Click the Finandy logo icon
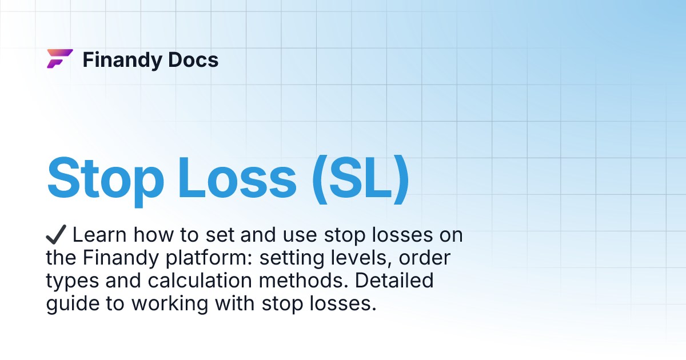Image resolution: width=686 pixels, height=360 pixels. coord(59,59)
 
